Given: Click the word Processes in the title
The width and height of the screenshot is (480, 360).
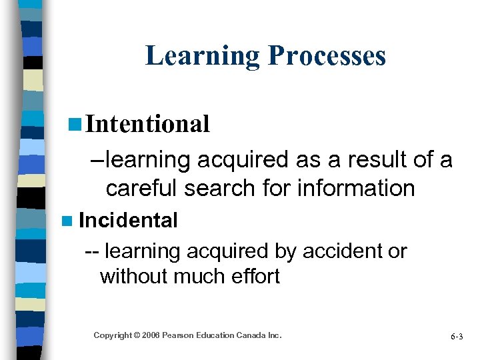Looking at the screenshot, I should coord(327,55).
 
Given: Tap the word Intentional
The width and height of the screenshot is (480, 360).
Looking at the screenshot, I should coord(148,123).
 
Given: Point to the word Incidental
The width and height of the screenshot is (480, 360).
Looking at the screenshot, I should coord(128,220).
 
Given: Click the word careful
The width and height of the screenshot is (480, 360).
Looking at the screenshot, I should coord(139,189).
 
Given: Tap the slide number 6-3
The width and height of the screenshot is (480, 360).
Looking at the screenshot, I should coord(456,337).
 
